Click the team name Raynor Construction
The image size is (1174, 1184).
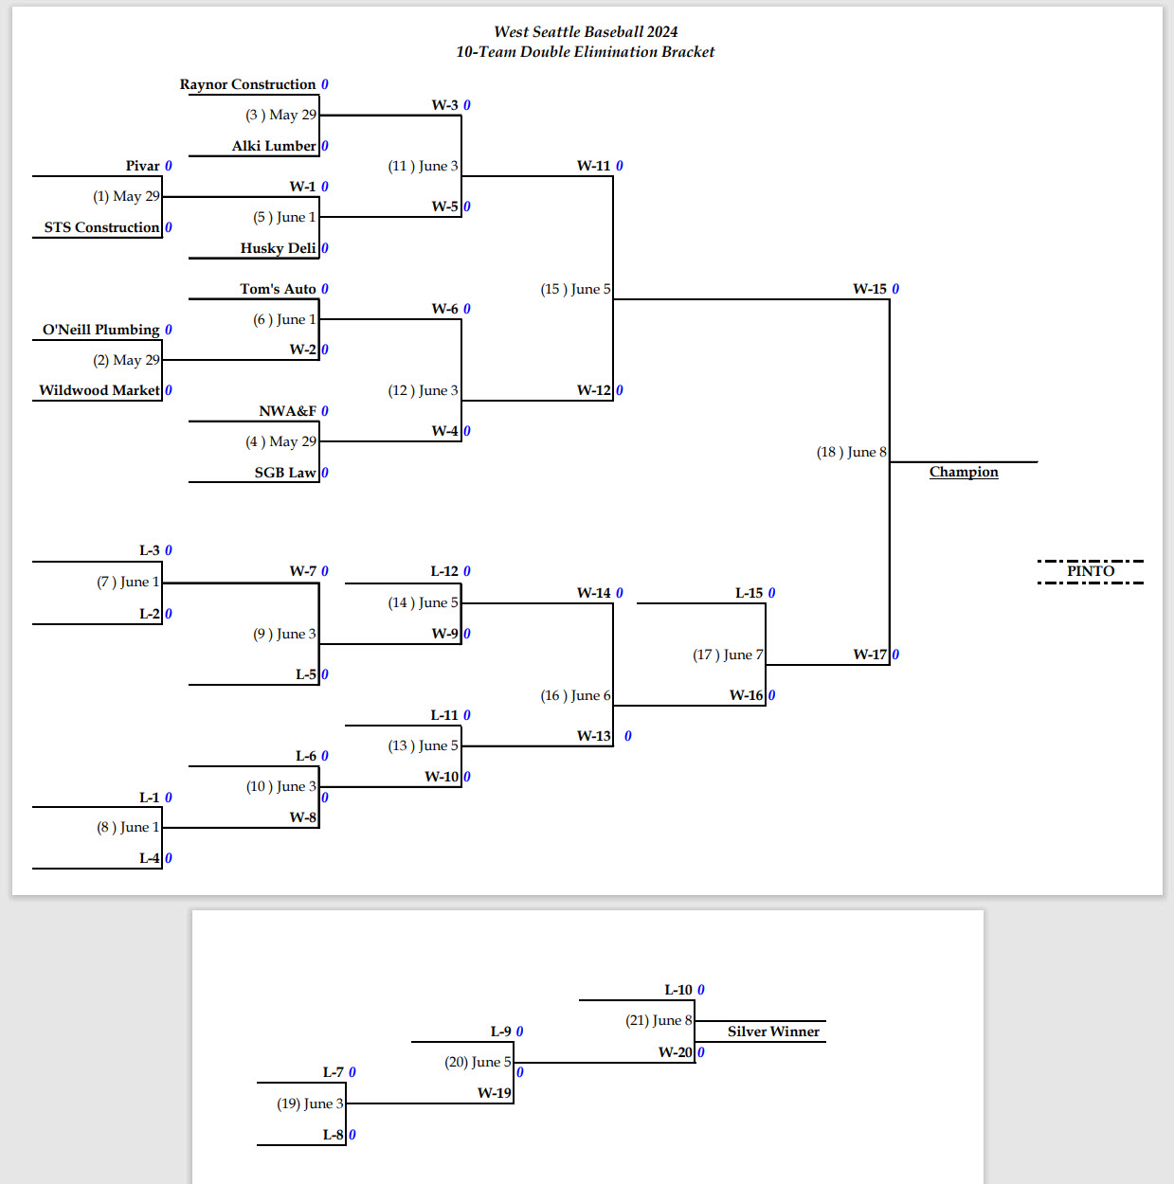pos(247,84)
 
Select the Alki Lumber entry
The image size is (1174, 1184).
pos(274,146)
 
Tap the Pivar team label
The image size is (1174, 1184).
pos(142,166)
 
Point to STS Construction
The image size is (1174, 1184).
pos(102,227)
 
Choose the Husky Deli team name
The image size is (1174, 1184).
pos(278,248)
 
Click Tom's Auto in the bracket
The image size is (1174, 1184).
pos(278,289)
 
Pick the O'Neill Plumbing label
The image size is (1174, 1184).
pos(100,330)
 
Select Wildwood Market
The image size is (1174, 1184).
pos(99,390)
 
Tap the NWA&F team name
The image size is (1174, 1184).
pos(288,411)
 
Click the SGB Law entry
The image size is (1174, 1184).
pos(285,473)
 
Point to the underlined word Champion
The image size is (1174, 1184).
pos(964,472)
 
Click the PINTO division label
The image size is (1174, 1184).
pos(1091,571)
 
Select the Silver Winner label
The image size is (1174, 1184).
pos(773,1032)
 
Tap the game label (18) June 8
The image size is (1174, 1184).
pos(851,452)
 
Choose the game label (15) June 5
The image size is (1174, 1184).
pos(575,290)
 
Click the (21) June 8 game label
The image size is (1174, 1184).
pos(659,1020)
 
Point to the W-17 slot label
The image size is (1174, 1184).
pos(870,655)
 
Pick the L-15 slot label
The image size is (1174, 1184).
pos(750,593)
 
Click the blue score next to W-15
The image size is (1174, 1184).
pos(895,289)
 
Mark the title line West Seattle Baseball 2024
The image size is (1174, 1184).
pos(586,32)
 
